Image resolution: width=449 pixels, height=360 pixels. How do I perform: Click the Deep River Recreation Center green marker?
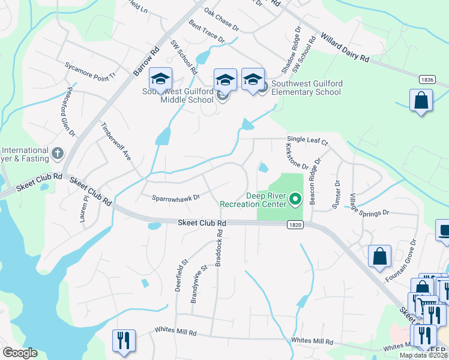point(295,199)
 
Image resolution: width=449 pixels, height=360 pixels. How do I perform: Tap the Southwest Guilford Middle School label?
point(178,95)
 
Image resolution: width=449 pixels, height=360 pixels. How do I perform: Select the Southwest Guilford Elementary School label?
point(306,88)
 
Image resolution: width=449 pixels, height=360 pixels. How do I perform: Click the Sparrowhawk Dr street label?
point(175,197)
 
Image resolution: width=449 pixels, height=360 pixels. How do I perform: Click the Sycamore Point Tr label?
point(90,70)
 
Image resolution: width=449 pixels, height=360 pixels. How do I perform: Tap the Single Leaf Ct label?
point(307,141)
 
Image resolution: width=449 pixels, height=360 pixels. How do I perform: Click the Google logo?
point(20,353)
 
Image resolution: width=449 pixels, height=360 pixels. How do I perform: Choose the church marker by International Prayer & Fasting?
point(58,153)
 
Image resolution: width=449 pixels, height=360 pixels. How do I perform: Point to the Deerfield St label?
point(181,275)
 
